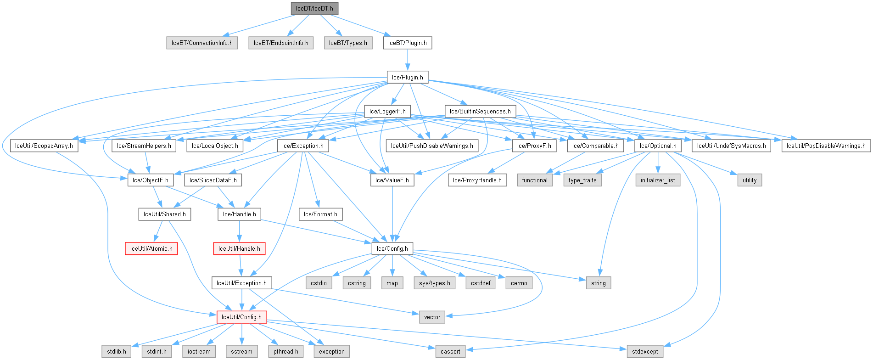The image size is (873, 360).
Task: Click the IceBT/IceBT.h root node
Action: coord(314,9)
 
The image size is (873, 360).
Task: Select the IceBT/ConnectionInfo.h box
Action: coord(202,43)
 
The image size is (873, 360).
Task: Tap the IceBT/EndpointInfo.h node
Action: coord(281,43)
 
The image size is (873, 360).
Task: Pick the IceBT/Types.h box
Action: coord(348,43)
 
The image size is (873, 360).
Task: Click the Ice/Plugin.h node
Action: coord(408,77)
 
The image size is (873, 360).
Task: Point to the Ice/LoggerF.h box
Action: coord(387,112)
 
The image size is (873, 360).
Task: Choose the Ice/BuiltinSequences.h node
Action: coord(480,112)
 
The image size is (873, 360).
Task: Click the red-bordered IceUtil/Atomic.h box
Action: coord(151,249)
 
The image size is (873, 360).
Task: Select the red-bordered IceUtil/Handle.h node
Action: coord(239,249)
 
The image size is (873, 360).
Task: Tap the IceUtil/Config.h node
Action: coord(241,317)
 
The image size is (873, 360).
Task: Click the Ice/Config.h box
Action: coord(392,249)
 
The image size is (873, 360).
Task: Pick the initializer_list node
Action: coord(658,180)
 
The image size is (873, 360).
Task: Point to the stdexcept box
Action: coord(645,352)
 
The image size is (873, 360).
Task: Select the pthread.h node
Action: coord(285,352)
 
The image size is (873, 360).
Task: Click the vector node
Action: coord(432,317)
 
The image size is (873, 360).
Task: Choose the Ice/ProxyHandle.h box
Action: coord(477,180)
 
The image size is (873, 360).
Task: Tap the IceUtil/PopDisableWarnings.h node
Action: coord(826,146)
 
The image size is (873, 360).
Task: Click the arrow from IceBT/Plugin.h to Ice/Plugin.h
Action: coord(408,60)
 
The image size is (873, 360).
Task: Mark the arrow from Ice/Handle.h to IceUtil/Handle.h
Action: coord(239,231)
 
